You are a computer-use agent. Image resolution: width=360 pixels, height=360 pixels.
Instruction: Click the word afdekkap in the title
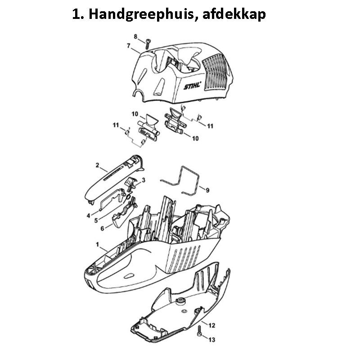point(234,14)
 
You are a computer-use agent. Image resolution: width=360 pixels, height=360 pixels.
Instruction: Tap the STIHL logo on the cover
point(193,85)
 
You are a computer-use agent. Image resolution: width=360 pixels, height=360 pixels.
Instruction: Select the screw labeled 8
point(148,44)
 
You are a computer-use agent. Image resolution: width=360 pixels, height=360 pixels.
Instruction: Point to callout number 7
point(129,46)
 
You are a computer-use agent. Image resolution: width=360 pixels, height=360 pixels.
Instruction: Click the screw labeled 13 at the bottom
point(199,331)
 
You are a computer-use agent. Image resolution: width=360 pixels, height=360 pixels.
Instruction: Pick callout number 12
point(211,325)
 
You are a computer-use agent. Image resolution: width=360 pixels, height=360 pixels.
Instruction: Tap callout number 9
point(207,190)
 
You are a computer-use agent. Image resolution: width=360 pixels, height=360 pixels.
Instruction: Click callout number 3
point(144,180)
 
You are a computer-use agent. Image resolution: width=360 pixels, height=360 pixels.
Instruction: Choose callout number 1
point(97,244)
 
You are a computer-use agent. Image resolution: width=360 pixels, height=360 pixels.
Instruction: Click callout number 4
point(88,216)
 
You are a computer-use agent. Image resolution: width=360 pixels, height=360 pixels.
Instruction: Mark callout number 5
point(96,220)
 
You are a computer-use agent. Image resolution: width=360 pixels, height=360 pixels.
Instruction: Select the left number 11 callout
point(116,125)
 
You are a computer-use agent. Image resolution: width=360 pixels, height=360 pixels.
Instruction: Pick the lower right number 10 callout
point(195,139)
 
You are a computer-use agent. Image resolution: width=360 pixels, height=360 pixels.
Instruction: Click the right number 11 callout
point(210,126)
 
